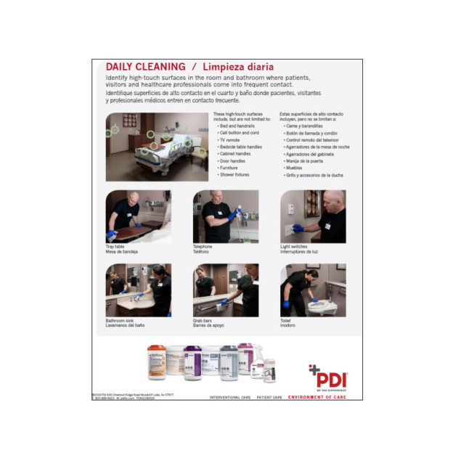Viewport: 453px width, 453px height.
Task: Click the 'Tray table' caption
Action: pos(115,246)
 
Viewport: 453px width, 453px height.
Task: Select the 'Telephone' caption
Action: pos(203,246)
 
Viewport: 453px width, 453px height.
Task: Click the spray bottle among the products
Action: pos(247,359)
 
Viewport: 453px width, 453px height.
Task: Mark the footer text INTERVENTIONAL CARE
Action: pos(229,397)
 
